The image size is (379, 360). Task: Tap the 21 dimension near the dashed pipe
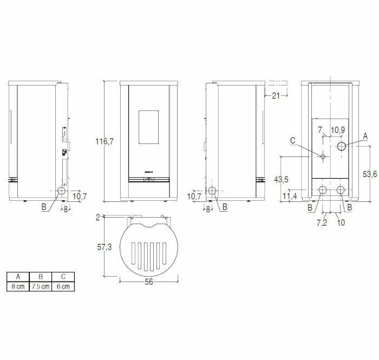click(x=276, y=96)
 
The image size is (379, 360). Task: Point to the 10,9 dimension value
click(x=337, y=130)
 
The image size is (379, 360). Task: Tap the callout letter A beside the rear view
click(x=365, y=135)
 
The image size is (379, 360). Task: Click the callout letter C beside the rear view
click(x=293, y=140)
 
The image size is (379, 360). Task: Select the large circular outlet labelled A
click(x=342, y=147)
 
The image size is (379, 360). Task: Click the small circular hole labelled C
click(x=323, y=157)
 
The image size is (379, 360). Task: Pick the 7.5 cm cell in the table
click(x=41, y=286)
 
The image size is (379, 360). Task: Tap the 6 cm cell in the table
click(x=63, y=286)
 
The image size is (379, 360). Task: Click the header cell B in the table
click(x=41, y=276)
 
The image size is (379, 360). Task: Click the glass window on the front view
click(x=149, y=128)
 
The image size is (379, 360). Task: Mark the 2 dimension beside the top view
click(x=98, y=217)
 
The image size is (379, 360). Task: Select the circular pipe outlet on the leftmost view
click(x=61, y=191)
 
